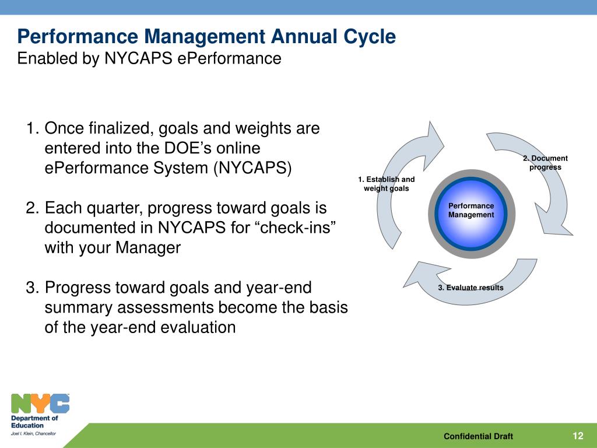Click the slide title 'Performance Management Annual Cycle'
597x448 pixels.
pos(206,37)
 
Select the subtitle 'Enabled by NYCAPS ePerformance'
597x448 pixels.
pos(149,59)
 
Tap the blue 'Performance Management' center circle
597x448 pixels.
pos(471,213)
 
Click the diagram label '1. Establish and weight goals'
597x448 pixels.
pos(386,184)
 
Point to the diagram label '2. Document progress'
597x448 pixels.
pos(545,163)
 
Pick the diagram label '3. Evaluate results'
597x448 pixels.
pos(470,288)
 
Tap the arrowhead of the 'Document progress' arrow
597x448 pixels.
pos(552,222)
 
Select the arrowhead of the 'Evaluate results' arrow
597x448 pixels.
pos(423,274)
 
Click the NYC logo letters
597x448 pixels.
pos(40,404)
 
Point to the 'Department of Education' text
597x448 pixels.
pos(34,422)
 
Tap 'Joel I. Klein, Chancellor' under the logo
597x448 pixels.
pos(33,433)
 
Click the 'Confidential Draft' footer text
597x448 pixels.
pos(478,436)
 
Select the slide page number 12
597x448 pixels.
pos(578,436)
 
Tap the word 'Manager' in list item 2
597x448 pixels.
pos(148,247)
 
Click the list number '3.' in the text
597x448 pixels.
pos(33,288)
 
